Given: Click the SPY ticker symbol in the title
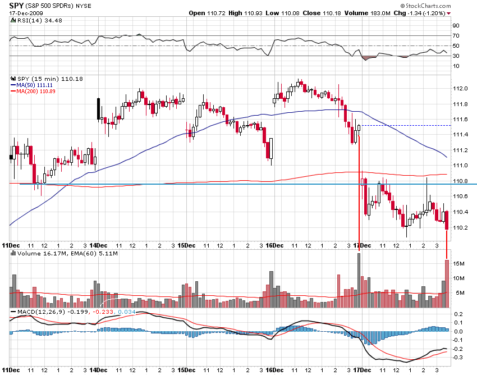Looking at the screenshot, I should (16, 5).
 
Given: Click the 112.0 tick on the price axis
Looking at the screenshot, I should (460, 88).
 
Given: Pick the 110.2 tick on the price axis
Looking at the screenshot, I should (460, 227).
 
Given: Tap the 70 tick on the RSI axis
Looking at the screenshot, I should (456, 35).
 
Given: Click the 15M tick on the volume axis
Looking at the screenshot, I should (458, 263).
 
